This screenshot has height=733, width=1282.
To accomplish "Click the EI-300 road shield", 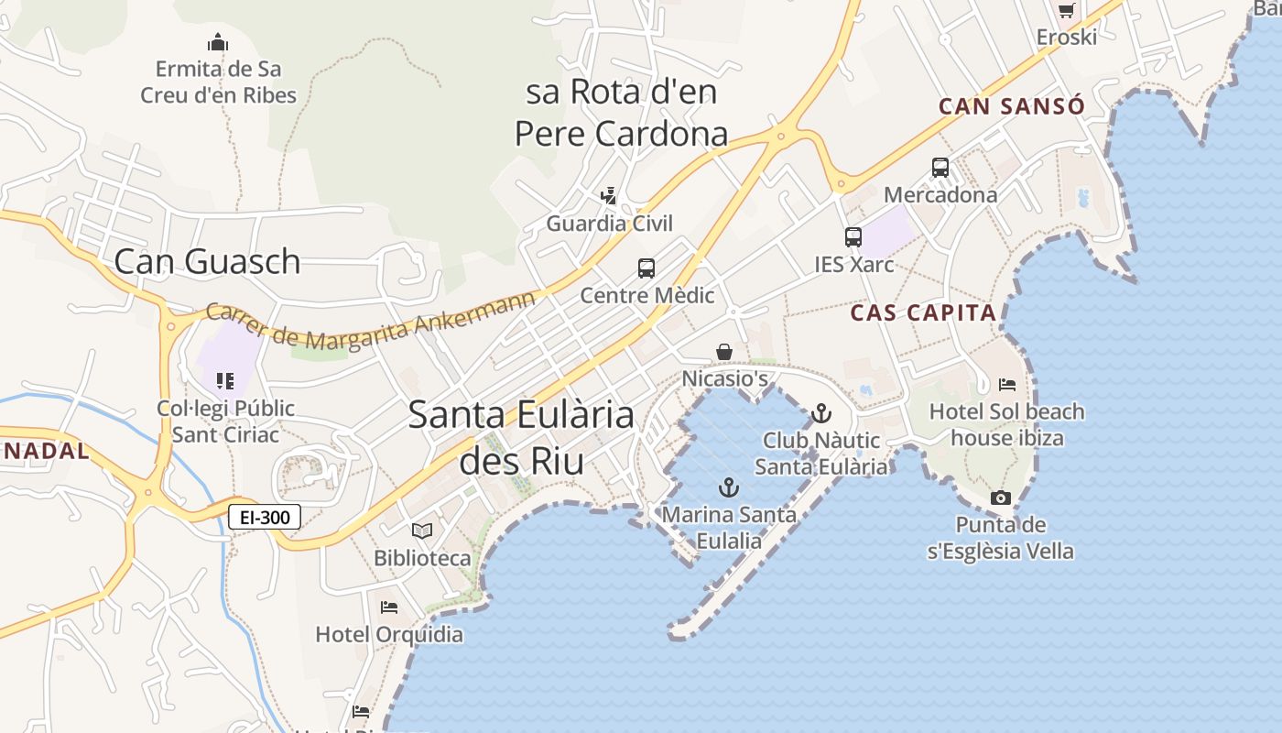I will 265,517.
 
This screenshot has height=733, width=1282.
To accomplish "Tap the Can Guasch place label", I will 207,261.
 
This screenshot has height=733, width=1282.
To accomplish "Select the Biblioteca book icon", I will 422,531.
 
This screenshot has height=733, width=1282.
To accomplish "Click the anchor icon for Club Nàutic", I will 821,413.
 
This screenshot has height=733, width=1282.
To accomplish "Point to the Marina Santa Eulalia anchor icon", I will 729,487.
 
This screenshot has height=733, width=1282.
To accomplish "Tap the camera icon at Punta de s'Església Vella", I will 1001,498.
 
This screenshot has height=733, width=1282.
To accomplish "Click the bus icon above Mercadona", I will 940,168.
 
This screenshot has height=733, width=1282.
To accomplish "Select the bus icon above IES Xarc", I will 853,237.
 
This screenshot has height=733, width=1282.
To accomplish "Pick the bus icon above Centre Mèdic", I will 646,268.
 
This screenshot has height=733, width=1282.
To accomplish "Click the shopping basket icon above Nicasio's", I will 724,352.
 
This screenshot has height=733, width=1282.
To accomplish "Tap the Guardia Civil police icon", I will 609,196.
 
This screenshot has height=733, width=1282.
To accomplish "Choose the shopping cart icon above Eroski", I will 1066,11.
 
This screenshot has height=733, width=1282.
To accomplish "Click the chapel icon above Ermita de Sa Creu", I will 218,42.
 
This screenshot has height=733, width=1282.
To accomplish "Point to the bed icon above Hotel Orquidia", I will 389,607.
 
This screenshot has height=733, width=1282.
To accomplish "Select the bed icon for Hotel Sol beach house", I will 1007,385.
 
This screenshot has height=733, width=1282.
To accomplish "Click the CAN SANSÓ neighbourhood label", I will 1012,106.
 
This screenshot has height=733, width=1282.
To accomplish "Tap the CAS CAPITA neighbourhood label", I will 923,312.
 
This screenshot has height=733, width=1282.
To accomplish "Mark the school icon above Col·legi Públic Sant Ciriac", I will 225,380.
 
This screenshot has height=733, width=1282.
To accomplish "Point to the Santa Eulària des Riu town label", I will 521,437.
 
